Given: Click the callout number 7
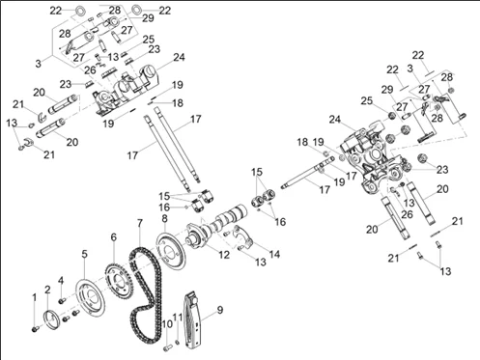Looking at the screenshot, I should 139,225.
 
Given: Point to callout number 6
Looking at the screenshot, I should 113,236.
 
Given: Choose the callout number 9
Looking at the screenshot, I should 221,309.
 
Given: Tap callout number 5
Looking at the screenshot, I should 84,255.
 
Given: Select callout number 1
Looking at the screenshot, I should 34,295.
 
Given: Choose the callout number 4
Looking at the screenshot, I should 61,281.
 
